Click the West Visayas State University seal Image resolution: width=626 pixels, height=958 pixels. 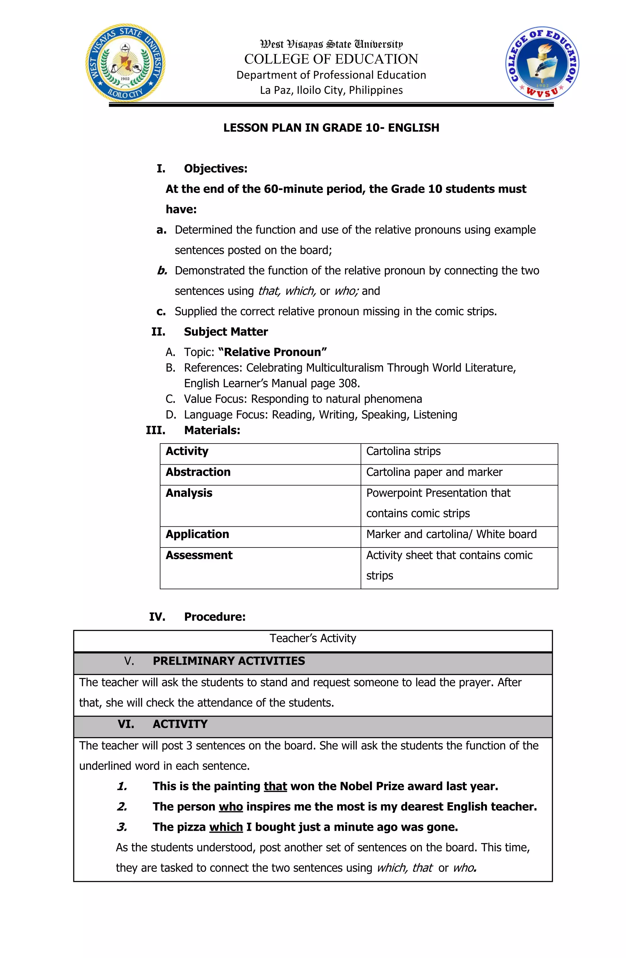(125, 63)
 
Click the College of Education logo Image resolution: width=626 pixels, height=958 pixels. (542, 64)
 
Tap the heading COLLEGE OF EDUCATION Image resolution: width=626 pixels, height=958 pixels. (331, 59)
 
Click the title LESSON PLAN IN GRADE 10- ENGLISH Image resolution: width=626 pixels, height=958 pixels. (331, 128)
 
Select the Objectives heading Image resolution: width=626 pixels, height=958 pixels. (215, 168)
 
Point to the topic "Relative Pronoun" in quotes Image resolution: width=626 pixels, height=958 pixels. (272, 352)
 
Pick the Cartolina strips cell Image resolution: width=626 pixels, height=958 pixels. (403, 451)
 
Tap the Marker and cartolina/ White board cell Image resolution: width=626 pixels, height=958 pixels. (451, 534)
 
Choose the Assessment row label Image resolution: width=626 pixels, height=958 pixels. (199, 555)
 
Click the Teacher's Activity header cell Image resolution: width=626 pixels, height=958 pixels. (313, 638)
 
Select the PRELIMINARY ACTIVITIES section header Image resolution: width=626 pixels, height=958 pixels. (229, 661)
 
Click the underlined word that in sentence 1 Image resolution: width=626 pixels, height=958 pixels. (275, 786)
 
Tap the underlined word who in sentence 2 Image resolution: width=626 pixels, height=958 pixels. (230, 807)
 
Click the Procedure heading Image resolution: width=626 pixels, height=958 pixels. (215, 617)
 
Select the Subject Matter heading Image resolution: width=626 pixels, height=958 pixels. (226, 332)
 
